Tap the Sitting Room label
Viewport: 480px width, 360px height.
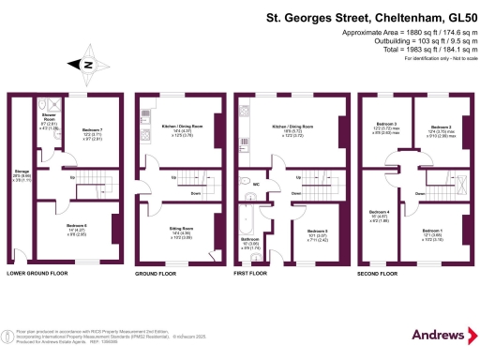pos(181,231)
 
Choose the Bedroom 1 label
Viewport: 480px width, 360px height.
pos(434,232)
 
